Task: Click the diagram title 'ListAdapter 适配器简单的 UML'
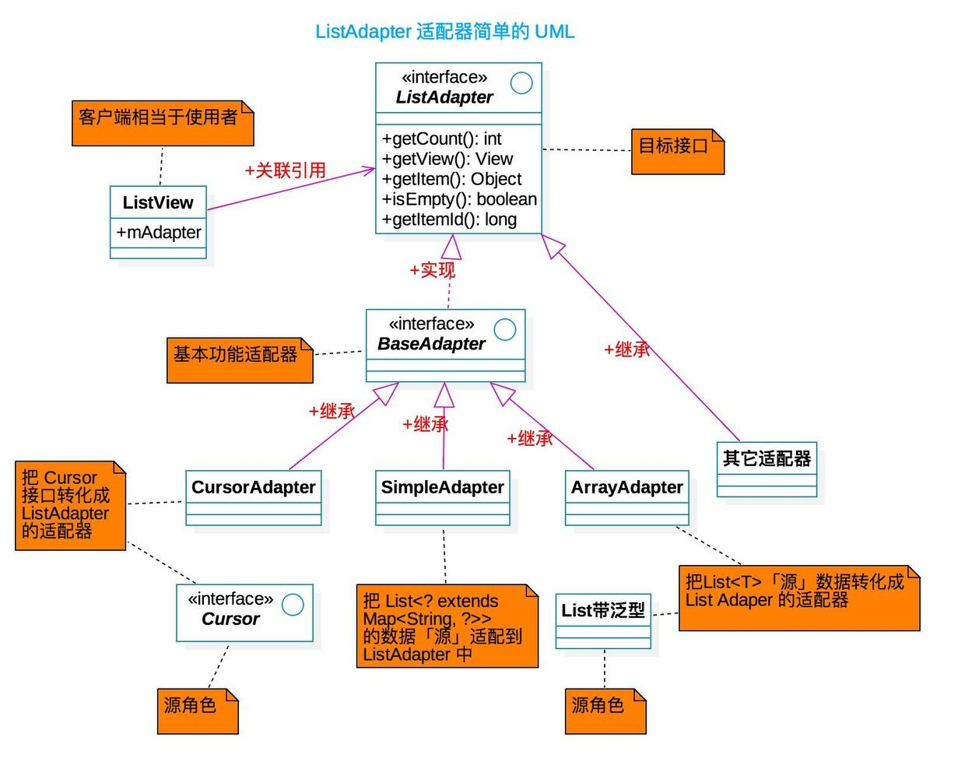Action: click(444, 32)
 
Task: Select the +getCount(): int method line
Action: click(441, 139)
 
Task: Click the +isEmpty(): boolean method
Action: click(459, 199)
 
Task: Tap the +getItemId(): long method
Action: click(449, 219)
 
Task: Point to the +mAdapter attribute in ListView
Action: click(159, 232)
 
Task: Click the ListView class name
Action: click(158, 203)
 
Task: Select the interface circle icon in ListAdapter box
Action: click(521, 82)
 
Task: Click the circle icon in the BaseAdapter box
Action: click(505, 329)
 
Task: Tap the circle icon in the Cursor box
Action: click(293, 605)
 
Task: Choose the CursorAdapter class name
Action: click(254, 488)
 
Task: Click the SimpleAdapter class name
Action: click(443, 488)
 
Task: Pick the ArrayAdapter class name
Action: click(627, 488)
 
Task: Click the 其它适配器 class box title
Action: click(767, 459)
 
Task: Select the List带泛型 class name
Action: click(603, 611)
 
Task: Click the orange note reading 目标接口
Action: click(674, 146)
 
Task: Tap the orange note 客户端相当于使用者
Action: click(160, 118)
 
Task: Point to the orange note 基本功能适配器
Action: click(236, 355)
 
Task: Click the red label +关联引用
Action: click(285, 170)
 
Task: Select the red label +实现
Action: click(432, 270)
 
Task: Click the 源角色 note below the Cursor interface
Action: click(191, 706)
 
